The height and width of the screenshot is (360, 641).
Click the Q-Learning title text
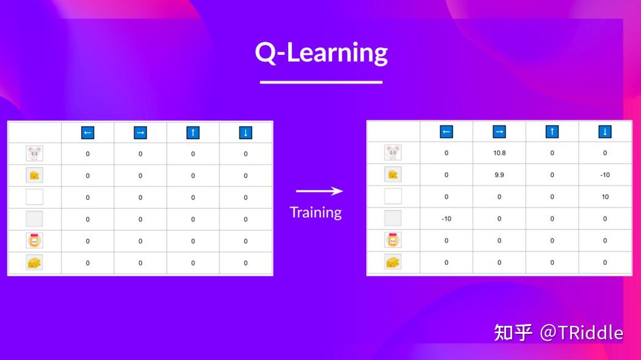coord(321,53)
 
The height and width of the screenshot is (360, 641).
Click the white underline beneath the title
coord(321,82)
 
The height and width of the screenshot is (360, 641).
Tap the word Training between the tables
coord(316,212)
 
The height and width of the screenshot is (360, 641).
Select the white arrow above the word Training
coord(319,191)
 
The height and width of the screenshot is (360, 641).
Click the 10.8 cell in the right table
coord(499,153)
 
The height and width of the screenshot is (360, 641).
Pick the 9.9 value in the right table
coord(499,175)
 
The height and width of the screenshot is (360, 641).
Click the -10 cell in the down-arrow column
coord(605,175)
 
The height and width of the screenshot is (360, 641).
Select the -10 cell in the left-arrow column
coord(446,218)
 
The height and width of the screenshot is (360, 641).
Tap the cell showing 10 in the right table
coord(605,196)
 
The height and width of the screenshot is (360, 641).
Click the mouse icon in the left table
coord(34,154)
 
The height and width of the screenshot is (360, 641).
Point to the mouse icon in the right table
coord(393,153)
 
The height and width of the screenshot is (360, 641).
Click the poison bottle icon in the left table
coord(34,240)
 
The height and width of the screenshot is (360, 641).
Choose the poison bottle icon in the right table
coord(393,240)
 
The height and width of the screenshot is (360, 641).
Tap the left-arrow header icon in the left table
coord(87,132)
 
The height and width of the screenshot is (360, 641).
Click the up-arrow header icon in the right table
coord(552,131)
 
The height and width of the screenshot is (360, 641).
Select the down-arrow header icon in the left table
coord(245,132)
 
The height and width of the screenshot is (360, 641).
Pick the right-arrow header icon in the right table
coord(499,131)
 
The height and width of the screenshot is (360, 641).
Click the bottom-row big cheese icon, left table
coord(34,263)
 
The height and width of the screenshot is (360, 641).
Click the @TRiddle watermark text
coord(581,333)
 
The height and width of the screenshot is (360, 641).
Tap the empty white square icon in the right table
coord(393,196)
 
